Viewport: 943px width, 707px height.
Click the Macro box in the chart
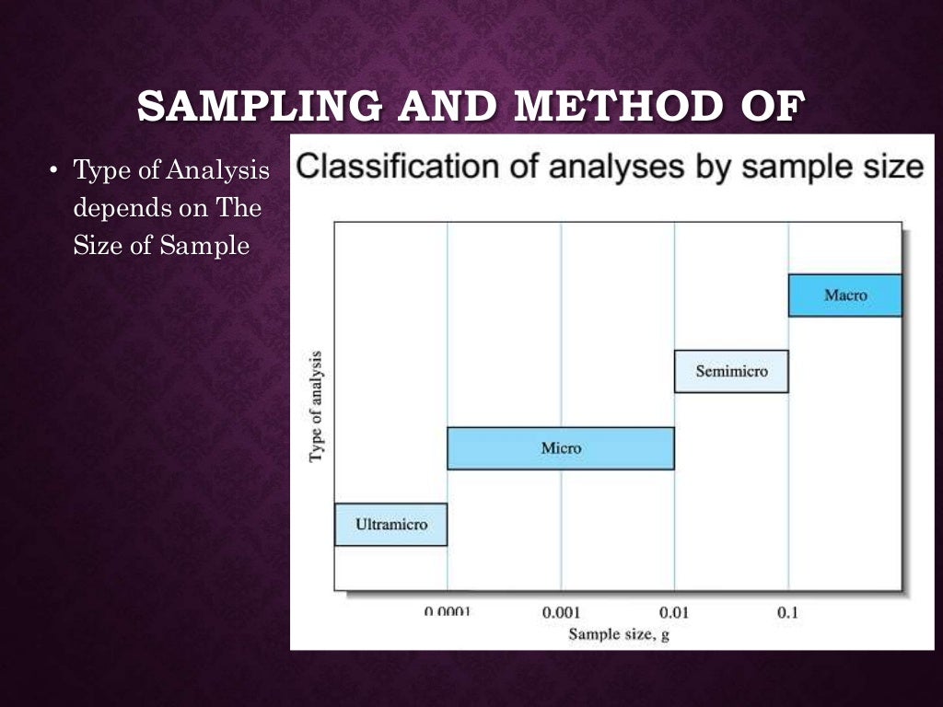point(845,296)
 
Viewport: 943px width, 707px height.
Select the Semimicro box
point(731,372)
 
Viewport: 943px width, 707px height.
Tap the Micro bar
point(561,448)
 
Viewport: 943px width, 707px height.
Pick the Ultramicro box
point(390,525)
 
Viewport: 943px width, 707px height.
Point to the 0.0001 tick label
point(448,611)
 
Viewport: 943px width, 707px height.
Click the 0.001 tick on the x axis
point(561,611)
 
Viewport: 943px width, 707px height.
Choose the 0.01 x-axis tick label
point(674,611)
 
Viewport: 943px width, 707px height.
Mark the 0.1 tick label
point(787,611)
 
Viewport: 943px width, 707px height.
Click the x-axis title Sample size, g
point(618,633)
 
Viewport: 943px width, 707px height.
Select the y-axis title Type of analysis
point(317,406)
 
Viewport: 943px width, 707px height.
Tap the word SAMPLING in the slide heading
point(259,107)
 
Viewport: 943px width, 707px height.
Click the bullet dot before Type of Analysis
point(54,170)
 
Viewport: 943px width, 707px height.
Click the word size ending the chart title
point(890,167)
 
